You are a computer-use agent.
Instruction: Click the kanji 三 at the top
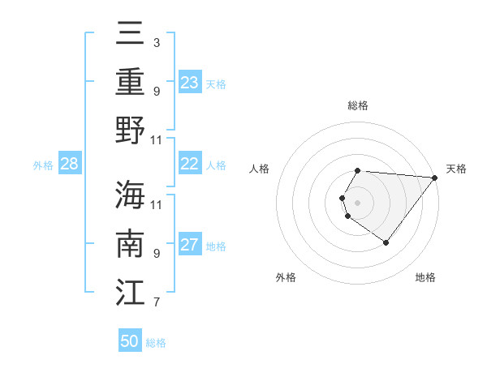coord(130,34)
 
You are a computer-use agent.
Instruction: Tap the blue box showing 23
coord(190,82)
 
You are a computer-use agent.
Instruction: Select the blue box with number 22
coord(190,164)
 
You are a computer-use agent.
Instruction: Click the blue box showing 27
coord(190,246)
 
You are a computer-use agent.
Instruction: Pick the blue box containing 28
coord(70,165)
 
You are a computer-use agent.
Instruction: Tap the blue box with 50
coord(130,341)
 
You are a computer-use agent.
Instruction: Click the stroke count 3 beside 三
coord(157,41)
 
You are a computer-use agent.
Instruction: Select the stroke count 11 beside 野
coord(157,139)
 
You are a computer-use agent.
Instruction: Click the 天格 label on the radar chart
coord(456,169)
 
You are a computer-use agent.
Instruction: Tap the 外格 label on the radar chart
coord(286,277)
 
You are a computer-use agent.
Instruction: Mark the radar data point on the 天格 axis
coord(435,178)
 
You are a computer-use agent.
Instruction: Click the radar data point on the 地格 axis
coord(386,242)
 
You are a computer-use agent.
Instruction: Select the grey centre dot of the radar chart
coord(358,202)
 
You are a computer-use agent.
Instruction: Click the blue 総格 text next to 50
coord(156,343)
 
